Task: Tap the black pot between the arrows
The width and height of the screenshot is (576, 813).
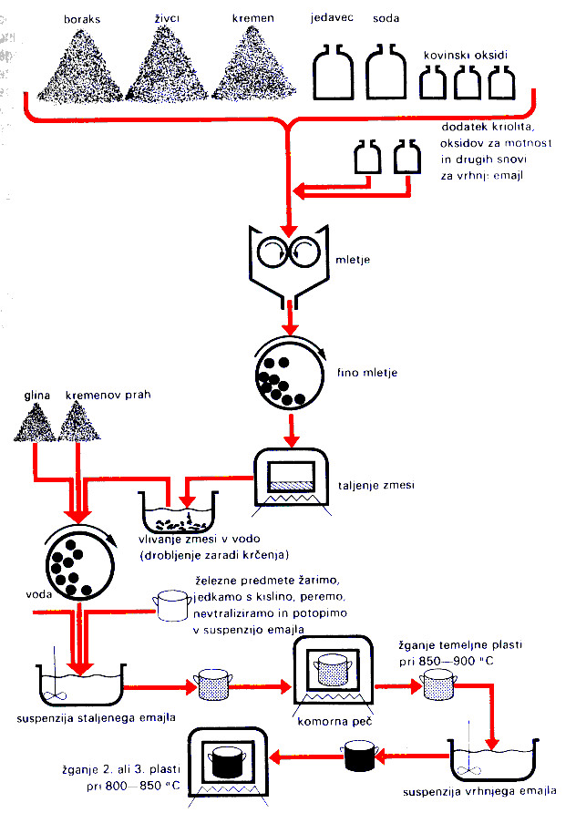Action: click(x=355, y=752)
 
